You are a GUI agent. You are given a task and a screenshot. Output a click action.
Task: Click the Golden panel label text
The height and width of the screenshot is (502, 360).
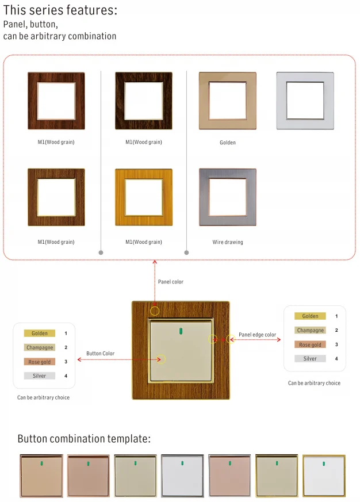pyautogui.click(x=228, y=143)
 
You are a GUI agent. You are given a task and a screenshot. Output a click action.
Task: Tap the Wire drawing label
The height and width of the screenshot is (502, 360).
pyautogui.click(x=228, y=242)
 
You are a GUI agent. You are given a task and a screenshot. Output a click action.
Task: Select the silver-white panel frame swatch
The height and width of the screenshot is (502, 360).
pyautogui.click(x=305, y=101)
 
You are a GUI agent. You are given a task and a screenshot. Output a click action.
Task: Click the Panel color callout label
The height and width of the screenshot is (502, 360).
pyautogui.click(x=171, y=282)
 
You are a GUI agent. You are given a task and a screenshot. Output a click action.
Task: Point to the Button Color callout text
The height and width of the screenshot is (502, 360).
pyautogui.click(x=101, y=354)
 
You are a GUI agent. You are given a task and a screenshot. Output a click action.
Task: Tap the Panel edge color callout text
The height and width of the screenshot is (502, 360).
pyautogui.click(x=257, y=335)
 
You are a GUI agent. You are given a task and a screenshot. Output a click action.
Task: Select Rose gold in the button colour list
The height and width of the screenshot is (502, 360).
pyautogui.click(x=40, y=362)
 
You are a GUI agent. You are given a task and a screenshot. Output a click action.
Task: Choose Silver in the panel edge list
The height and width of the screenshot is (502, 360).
pyautogui.click(x=310, y=358)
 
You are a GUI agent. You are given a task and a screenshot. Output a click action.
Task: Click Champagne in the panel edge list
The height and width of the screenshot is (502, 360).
pyautogui.click(x=311, y=330)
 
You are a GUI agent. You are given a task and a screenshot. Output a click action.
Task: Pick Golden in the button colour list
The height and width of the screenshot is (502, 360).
pyautogui.click(x=40, y=334)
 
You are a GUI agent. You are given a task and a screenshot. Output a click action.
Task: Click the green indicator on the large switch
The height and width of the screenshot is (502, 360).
pyautogui.click(x=181, y=330)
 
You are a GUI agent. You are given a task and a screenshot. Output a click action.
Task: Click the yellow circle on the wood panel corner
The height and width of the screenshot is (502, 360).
pyautogui.click(x=155, y=311)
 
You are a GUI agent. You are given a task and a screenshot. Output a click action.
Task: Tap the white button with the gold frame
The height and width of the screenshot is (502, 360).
pyautogui.click(x=324, y=476)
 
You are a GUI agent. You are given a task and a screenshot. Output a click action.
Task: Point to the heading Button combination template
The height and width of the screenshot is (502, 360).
pyautogui.click(x=84, y=439)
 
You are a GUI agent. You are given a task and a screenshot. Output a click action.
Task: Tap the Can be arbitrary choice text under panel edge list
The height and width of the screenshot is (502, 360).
pyautogui.click(x=314, y=383)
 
